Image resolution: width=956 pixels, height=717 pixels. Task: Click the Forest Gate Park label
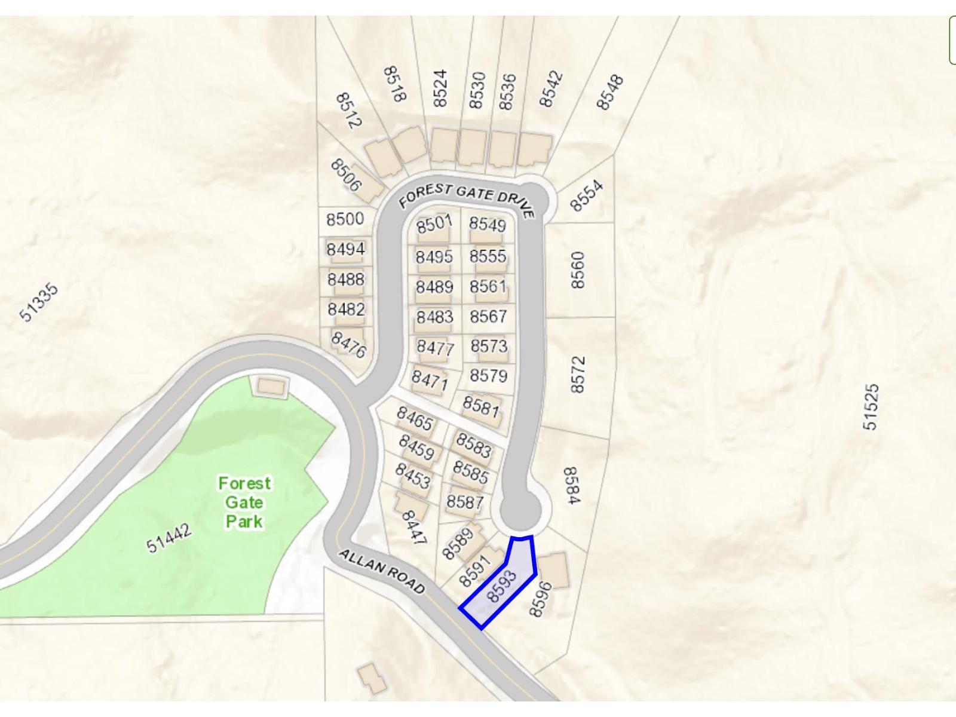244,502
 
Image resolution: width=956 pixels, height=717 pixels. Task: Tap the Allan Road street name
381,572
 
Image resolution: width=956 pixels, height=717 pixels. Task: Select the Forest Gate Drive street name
466,197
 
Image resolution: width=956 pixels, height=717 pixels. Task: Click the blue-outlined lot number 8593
501,586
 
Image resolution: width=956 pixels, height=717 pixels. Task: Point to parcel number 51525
871,407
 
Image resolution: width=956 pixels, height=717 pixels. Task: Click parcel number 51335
39,302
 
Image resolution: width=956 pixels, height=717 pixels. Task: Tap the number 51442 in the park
169,538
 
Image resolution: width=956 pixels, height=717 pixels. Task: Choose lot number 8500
345,219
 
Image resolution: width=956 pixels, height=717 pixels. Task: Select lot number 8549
487,224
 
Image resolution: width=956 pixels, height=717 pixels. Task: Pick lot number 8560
577,270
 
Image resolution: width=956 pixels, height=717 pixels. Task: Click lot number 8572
577,375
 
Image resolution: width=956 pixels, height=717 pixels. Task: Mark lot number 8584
571,486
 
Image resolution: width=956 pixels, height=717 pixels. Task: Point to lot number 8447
414,527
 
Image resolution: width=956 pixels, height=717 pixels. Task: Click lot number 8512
349,111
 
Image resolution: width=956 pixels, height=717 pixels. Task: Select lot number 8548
610,92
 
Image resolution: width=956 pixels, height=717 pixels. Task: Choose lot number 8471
429,379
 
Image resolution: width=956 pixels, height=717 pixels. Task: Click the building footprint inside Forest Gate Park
272,386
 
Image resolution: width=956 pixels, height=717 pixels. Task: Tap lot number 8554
586,196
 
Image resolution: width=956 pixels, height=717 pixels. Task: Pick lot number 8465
415,418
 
